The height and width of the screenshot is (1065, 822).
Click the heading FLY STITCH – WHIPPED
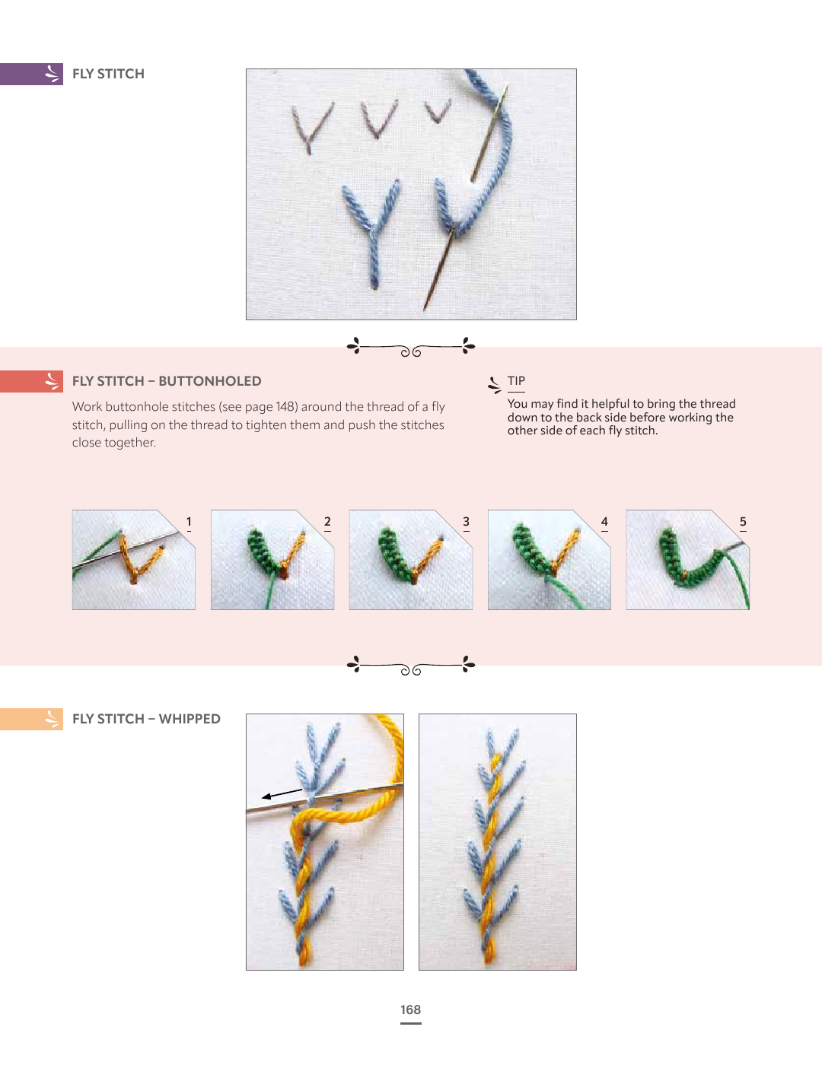146,719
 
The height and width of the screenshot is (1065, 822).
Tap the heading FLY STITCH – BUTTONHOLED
167,381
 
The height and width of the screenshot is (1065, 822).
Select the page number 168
411,1009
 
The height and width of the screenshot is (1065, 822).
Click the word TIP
516,381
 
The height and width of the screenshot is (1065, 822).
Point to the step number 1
189,522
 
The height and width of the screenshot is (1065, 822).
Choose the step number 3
466,522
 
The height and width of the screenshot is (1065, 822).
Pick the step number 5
743,522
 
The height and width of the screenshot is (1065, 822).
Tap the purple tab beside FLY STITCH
31,74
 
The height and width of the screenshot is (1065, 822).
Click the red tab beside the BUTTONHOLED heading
31,381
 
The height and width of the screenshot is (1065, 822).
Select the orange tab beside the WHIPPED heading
31,719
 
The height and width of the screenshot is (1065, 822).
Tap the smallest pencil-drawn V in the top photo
437,111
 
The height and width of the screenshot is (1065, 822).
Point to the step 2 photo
272,560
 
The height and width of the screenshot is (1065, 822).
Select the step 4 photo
550,560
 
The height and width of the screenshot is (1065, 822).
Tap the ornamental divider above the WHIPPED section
411,666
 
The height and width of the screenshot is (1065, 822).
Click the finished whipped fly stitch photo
498,842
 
